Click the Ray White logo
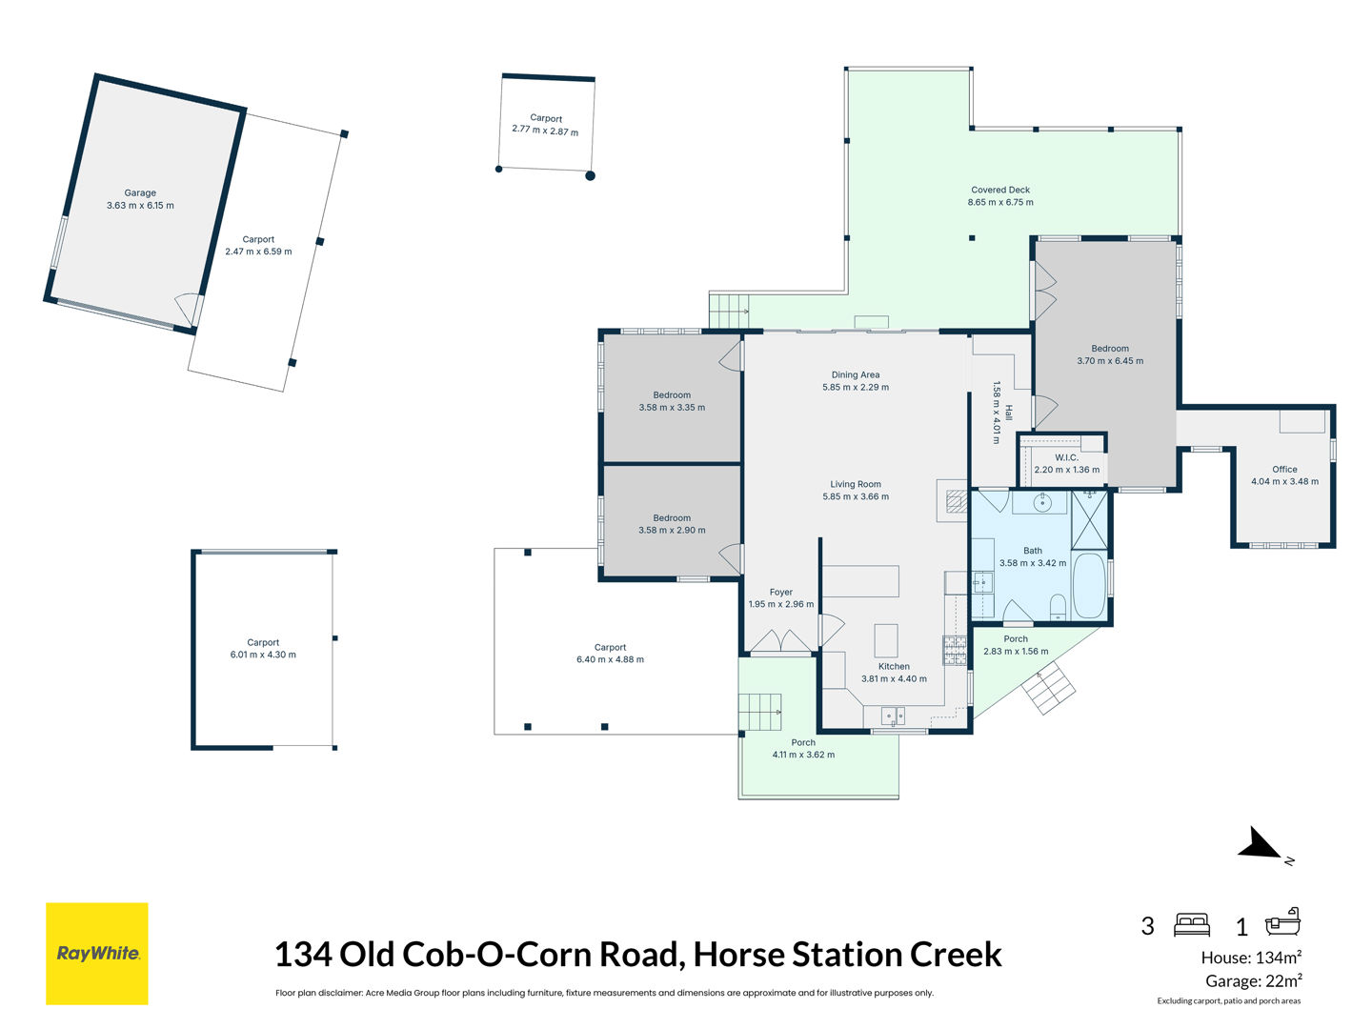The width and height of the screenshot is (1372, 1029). [x=97, y=954]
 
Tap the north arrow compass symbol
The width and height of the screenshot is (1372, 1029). [x=1262, y=845]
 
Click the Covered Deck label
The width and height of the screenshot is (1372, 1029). [x=1000, y=190]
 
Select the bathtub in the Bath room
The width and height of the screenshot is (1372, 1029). [x=1089, y=585]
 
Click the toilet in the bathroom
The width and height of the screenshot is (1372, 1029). [x=1058, y=607]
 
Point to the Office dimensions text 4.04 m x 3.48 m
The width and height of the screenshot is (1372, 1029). [x=1284, y=482]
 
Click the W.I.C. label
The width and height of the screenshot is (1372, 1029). [x=1066, y=458]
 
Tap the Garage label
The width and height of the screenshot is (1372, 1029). [x=140, y=193]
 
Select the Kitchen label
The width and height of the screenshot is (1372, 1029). [x=894, y=667]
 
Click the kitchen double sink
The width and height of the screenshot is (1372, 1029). [x=893, y=715]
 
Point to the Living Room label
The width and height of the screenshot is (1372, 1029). [x=856, y=484]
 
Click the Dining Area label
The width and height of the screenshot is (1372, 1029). [x=856, y=374]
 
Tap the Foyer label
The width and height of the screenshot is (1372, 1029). [x=780, y=593]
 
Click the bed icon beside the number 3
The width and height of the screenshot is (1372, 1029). [x=1191, y=924]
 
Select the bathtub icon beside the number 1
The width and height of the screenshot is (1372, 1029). [x=1282, y=923]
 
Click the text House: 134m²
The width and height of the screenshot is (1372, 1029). [x=1251, y=958]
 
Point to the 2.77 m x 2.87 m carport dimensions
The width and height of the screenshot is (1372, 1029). [x=545, y=131]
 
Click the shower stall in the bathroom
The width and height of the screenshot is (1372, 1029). [x=1089, y=520]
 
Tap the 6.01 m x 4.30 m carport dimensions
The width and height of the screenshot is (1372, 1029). [x=263, y=655]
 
